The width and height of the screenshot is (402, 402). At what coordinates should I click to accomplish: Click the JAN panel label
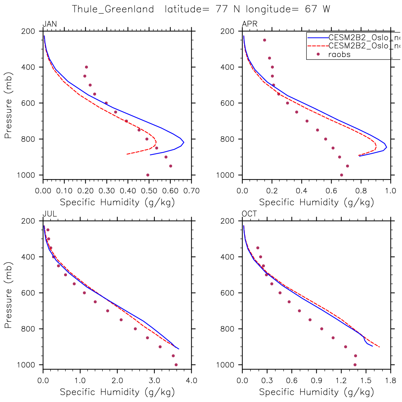50,24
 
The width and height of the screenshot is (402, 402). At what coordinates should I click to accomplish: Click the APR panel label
249,24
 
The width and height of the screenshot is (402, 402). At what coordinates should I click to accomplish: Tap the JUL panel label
49,214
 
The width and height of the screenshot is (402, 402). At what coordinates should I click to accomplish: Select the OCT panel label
249,214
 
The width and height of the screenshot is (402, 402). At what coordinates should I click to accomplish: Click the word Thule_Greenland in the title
113,9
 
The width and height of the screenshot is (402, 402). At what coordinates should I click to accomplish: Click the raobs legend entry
339,54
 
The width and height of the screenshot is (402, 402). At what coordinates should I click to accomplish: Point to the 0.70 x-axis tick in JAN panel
192,191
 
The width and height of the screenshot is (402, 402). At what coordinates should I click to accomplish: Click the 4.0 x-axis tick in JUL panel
192,381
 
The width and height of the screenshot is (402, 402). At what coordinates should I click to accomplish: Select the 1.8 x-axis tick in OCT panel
391,381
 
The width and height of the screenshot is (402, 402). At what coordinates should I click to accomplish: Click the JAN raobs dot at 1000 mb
148,175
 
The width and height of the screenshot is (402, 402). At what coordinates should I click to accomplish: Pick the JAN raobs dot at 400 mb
86,67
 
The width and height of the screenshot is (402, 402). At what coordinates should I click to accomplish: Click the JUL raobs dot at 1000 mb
176,365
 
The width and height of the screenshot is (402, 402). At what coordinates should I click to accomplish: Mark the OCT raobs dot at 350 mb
257,248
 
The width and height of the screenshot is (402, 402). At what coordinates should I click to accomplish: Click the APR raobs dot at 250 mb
264,40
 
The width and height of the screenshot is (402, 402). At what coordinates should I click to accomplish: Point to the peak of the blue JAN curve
183,142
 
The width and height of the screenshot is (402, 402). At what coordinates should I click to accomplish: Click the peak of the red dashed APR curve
376,145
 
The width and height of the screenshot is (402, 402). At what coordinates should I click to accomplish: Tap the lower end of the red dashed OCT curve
379,347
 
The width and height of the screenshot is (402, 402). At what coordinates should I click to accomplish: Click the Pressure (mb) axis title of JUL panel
9,295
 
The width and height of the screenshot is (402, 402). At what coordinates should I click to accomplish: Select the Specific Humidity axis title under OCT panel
316,392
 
